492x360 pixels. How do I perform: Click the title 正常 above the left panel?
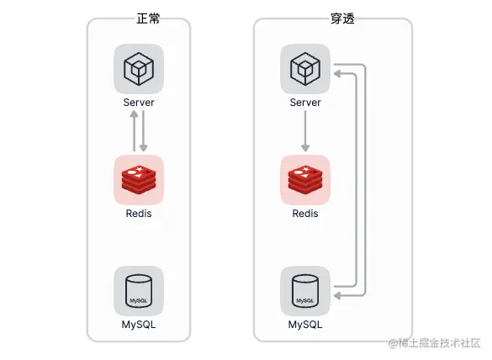pyautogui.click(x=148, y=19)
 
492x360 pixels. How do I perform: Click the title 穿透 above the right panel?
pyautogui.click(x=342, y=19)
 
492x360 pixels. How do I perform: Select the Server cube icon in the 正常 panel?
pyautogui.click(x=139, y=69)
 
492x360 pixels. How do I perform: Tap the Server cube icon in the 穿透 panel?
pyautogui.click(x=305, y=69)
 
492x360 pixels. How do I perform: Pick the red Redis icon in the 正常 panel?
pyautogui.click(x=139, y=180)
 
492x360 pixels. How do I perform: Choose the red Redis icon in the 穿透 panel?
pyautogui.click(x=305, y=180)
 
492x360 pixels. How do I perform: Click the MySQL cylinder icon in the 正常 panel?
pyautogui.click(x=139, y=291)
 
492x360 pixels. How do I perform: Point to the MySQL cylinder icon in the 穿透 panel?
pyautogui.click(x=305, y=291)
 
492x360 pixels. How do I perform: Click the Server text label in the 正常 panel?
pyautogui.click(x=139, y=103)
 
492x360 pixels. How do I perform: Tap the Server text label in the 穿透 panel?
pyautogui.click(x=305, y=103)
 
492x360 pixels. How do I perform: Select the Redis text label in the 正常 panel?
pyautogui.click(x=139, y=214)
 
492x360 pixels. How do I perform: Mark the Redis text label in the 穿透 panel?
pyautogui.click(x=305, y=214)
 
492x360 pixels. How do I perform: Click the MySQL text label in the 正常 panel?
pyautogui.click(x=139, y=324)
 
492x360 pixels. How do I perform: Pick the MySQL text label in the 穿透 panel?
pyautogui.click(x=305, y=324)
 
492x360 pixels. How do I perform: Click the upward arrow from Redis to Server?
pyautogui.click(x=134, y=131)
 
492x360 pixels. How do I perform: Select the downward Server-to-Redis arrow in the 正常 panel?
pyautogui.click(x=144, y=131)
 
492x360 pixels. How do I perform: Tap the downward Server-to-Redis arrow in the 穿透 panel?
pyautogui.click(x=305, y=131)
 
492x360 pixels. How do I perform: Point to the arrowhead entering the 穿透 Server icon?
pyautogui.click(x=337, y=74)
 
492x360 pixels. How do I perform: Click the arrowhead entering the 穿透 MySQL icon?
pyautogui.click(x=337, y=295)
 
